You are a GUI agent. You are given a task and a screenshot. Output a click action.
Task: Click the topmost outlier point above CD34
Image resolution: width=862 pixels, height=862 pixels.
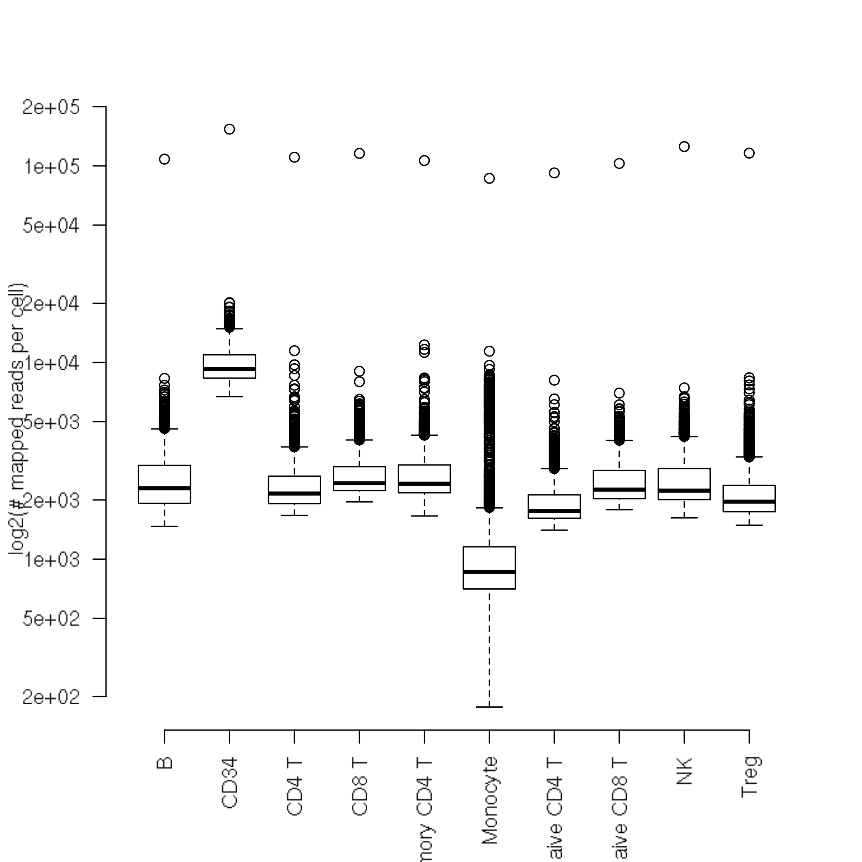coord(229,129)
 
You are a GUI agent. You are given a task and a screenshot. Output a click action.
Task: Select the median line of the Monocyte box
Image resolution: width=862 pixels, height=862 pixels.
coord(489,572)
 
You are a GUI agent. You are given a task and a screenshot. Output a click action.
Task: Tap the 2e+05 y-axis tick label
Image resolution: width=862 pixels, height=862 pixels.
coord(51,107)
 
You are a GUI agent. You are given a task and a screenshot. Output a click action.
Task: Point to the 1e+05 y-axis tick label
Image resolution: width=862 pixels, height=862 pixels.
coord(51,166)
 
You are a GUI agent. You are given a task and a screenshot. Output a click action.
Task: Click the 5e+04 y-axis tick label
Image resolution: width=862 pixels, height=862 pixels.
coord(51,226)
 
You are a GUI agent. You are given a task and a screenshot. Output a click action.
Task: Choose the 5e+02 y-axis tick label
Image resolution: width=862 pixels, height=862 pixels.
coord(51,618)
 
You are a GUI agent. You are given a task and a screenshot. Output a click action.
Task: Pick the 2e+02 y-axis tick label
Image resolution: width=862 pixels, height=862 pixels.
coord(51,696)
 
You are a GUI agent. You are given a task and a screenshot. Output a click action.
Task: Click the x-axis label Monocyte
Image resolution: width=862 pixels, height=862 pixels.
coord(490,801)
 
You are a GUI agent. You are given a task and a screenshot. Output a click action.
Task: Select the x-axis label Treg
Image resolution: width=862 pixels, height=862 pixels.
coord(750,777)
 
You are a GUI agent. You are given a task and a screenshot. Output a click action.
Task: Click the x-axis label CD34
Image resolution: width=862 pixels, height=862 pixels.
coord(229,783)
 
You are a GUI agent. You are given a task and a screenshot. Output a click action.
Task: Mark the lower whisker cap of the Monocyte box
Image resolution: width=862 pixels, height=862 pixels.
coord(489,707)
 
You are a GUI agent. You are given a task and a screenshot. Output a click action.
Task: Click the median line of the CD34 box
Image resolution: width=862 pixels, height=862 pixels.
coord(229,369)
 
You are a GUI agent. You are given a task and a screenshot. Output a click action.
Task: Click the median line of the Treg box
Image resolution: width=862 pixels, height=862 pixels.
coord(749,502)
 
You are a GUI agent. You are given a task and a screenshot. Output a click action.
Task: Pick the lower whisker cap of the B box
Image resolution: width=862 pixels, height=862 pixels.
coord(164,527)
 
